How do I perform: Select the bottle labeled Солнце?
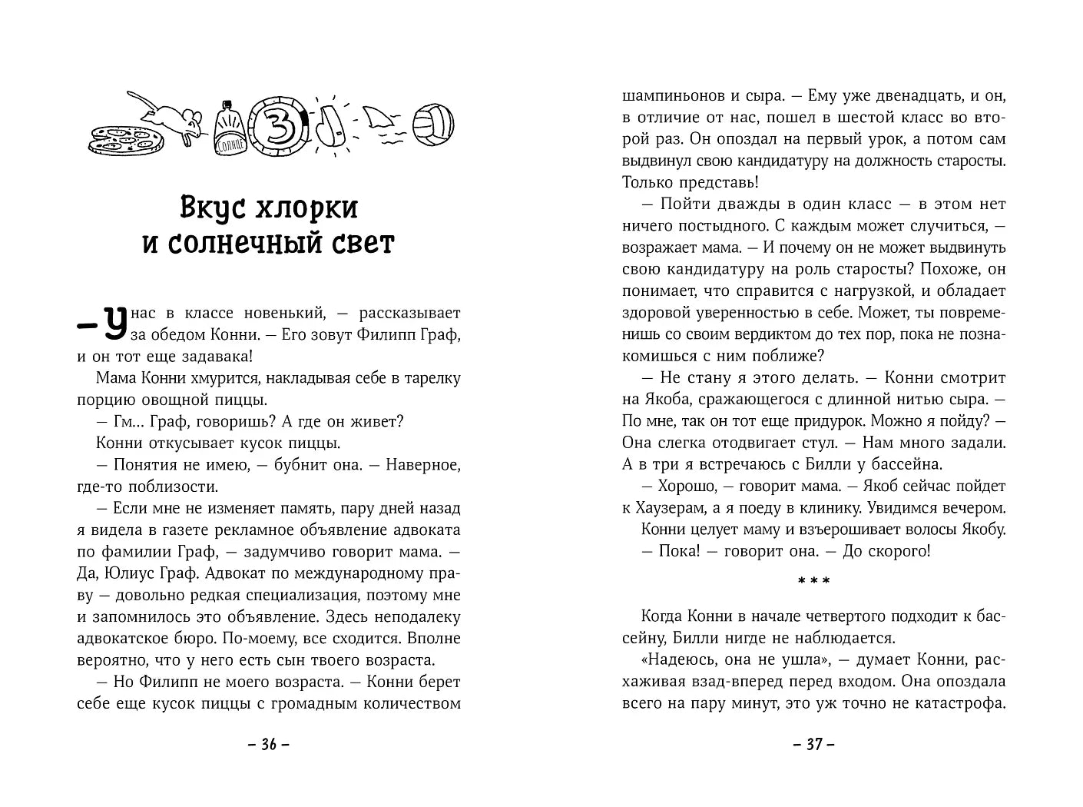coord(229,127)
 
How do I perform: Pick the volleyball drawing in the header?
coord(433,122)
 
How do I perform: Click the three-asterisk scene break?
coord(813,581)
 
